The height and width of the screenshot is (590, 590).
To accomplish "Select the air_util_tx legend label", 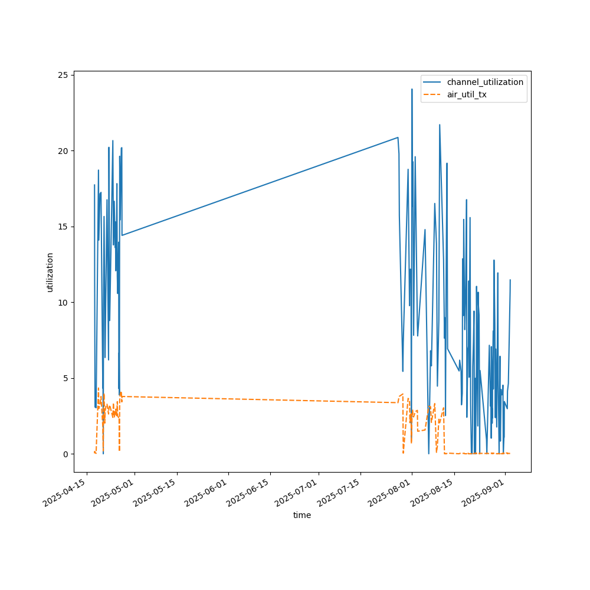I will point(467,94).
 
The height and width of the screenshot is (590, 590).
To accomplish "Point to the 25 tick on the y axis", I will point(65,75).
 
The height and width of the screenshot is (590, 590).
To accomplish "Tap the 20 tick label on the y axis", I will point(65,151).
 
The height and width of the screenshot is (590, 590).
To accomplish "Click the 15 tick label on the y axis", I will point(65,227).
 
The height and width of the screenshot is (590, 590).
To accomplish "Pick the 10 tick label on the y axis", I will point(65,303).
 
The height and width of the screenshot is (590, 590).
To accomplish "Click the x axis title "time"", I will point(302,515).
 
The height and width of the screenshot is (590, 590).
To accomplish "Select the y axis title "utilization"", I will point(50,272).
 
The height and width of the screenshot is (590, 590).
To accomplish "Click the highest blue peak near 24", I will point(412,89).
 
